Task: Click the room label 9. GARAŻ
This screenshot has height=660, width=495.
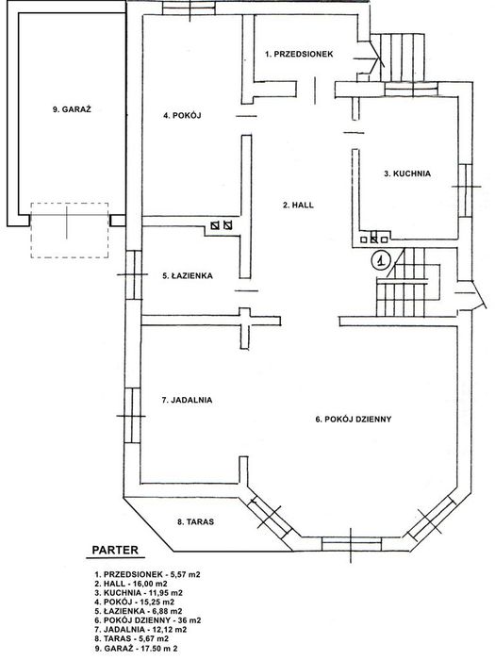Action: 72,109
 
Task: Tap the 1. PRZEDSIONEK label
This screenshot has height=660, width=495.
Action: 299,54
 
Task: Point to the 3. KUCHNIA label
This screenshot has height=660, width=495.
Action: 407,173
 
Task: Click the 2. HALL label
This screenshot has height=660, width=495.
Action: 298,206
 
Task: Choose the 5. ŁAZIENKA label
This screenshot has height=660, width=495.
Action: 188,276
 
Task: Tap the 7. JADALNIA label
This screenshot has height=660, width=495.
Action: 187,401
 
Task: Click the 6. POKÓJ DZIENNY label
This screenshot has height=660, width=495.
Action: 354,420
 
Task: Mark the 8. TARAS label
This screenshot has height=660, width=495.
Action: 195,522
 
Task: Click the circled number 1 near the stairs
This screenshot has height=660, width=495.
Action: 381,259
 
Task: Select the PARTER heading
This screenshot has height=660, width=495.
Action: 115,550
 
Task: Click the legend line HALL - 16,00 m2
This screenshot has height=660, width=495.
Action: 131,584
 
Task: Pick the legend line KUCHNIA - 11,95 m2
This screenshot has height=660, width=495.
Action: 139,593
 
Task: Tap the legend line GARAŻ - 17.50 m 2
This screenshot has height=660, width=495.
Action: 136,649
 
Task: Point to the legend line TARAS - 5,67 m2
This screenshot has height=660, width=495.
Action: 132,639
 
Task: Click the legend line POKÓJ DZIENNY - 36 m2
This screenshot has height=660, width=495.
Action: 148,620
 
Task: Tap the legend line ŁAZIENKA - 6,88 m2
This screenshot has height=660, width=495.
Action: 139,612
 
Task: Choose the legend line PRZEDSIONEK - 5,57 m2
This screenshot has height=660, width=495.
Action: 147,574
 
